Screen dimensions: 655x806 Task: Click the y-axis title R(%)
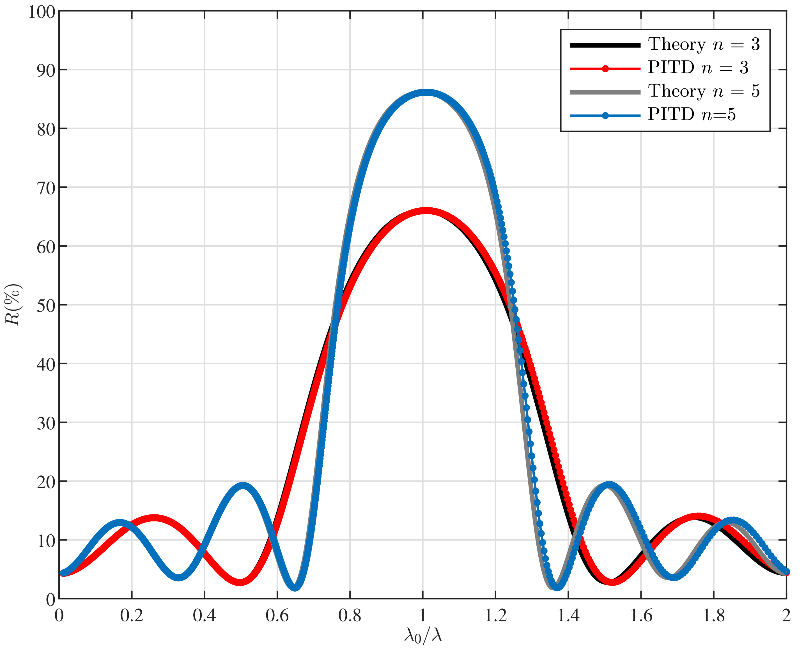13,304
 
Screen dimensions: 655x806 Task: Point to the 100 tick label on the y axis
42,12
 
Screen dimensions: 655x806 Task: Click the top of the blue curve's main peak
425,92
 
